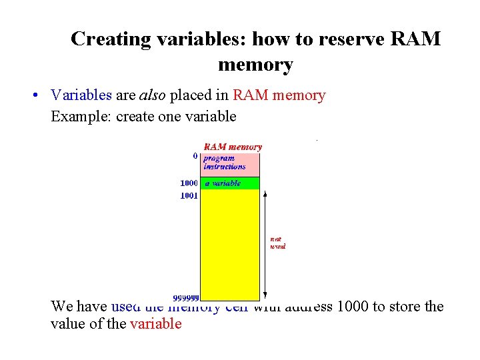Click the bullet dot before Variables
point(34,95)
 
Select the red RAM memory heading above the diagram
point(232,147)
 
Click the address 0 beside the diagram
point(195,155)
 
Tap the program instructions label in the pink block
point(224,163)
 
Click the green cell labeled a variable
point(230,183)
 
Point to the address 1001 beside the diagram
point(189,197)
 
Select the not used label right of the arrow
point(277,242)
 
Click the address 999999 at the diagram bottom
point(187,297)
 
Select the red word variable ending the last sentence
point(155,325)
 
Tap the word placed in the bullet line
point(187,95)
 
